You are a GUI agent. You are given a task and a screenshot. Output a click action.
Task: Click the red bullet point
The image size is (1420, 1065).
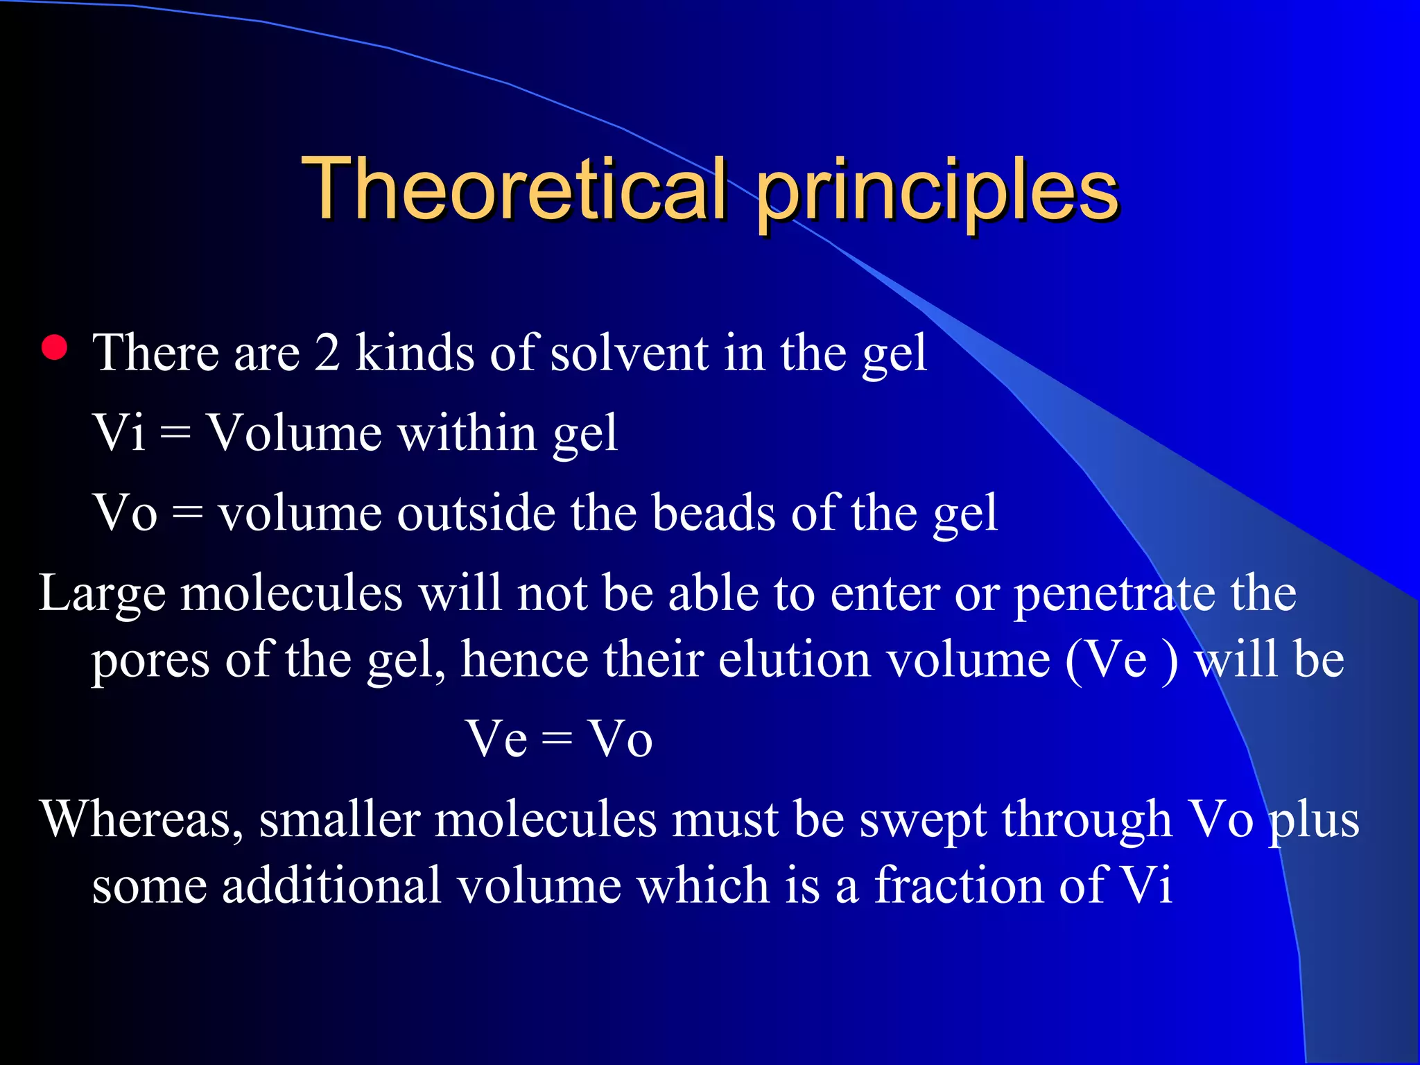54,348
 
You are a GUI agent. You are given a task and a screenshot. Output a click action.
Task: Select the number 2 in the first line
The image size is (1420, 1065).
327,353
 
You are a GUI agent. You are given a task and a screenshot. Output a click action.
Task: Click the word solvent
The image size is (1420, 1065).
630,353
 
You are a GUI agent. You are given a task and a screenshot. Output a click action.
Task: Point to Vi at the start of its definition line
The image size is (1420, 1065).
119,433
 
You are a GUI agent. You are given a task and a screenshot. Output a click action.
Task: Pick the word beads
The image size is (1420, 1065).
713,513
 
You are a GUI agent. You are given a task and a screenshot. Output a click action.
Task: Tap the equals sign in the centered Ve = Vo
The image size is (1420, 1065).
557,740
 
